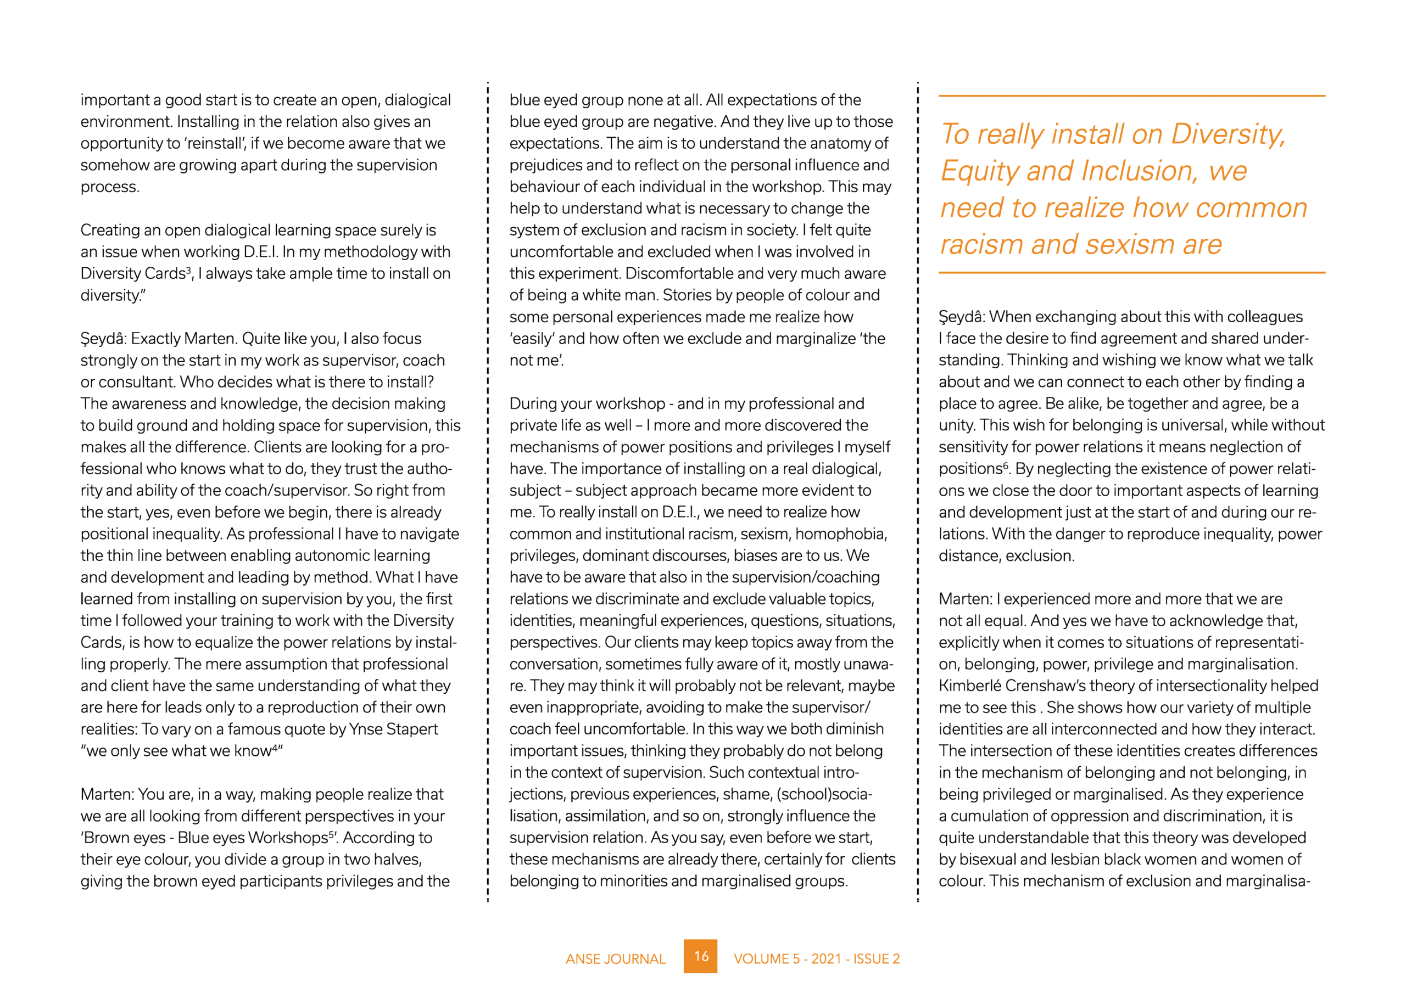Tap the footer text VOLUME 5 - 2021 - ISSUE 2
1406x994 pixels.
(816, 959)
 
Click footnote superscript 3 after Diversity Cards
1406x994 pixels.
(188, 270)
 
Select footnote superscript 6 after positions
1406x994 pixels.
(1006, 465)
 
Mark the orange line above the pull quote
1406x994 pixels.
(1131, 96)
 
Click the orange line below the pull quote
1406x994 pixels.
(1131, 272)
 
